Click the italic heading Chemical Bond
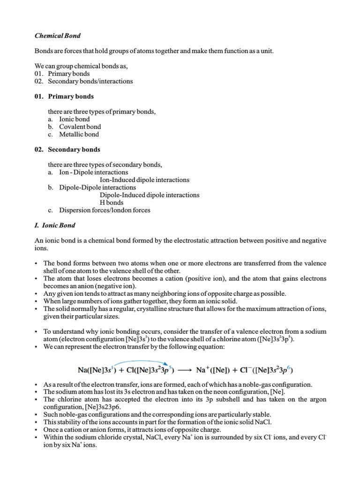point(59,35)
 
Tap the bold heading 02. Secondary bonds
point(67,149)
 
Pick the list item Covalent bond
point(80,127)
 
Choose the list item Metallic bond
point(79,134)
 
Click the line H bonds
point(112,202)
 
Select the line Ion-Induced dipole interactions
point(144,180)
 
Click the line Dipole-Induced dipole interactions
point(150,195)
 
